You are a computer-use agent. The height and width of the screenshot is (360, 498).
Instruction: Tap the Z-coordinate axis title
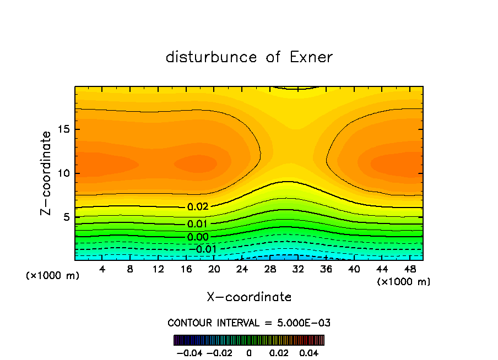47,173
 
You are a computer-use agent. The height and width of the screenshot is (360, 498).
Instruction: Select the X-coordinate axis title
249,297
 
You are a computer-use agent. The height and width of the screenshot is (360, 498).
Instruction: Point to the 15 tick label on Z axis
63,130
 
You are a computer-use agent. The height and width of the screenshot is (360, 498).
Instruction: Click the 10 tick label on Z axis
63,173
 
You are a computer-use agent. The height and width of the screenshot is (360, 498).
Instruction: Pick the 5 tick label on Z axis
66,217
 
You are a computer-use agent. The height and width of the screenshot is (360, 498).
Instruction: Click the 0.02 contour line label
197,207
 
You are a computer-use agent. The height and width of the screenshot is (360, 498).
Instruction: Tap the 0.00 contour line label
197,237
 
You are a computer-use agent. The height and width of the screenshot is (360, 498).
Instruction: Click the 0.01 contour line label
197,224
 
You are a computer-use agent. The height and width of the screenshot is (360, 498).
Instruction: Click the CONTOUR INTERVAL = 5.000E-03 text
249,323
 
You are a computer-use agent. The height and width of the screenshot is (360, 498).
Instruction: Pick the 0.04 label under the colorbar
309,352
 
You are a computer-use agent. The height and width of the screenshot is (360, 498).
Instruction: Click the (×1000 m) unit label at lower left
53,276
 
